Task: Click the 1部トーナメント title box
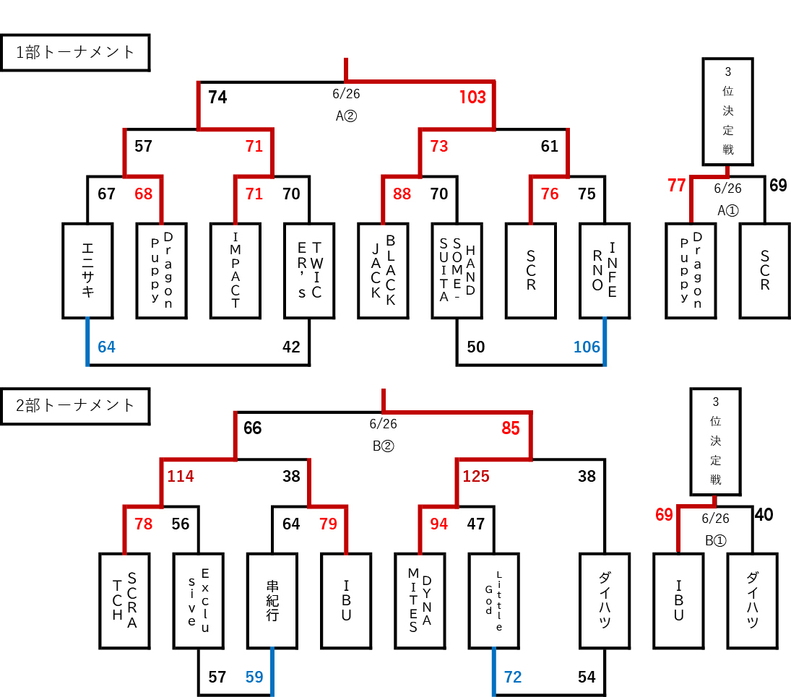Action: point(75,52)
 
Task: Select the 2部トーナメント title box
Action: point(75,405)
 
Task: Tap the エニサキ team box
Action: point(87,271)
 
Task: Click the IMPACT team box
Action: point(235,271)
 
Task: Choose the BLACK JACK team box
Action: point(383,271)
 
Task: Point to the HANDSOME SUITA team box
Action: point(457,271)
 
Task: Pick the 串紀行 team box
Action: point(272,600)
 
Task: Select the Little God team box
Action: point(493,600)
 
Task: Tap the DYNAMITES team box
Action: point(420,600)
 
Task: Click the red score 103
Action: point(472,98)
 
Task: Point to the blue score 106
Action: point(587,347)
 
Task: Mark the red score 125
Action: point(476,477)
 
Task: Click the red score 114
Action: point(181,477)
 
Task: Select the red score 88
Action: point(402,194)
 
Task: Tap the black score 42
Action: point(291,347)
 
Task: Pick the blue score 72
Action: point(512,677)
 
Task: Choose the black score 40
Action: point(764,515)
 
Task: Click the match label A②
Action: point(347,116)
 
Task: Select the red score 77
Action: point(676,186)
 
